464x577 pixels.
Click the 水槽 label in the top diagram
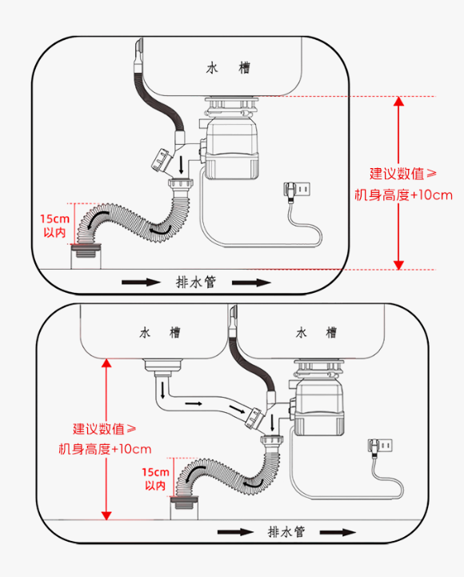click(x=228, y=68)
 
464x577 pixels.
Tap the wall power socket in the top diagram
click(x=297, y=189)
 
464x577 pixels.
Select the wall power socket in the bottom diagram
click(x=380, y=445)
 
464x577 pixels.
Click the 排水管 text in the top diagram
click(x=196, y=282)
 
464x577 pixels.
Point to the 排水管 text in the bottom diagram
click(x=286, y=531)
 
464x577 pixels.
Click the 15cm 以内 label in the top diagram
click(x=55, y=226)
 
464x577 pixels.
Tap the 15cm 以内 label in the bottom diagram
click(x=156, y=479)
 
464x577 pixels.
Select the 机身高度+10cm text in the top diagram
click(x=403, y=195)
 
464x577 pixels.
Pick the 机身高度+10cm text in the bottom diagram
click(x=106, y=449)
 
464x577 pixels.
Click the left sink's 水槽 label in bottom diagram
click(x=160, y=333)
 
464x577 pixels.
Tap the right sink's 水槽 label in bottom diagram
click(x=316, y=333)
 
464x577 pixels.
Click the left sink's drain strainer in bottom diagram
click(x=163, y=367)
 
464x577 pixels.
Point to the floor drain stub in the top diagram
click(x=86, y=256)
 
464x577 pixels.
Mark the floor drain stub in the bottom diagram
click(x=184, y=507)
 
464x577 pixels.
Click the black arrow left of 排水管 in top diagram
click(x=142, y=282)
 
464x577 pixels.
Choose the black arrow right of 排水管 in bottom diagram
click(x=338, y=532)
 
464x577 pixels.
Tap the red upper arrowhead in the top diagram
click(x=399, y=101)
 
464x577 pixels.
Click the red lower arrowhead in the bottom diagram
click(x=106, y=515)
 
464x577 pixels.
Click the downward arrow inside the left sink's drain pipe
click(x=162, y=391)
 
